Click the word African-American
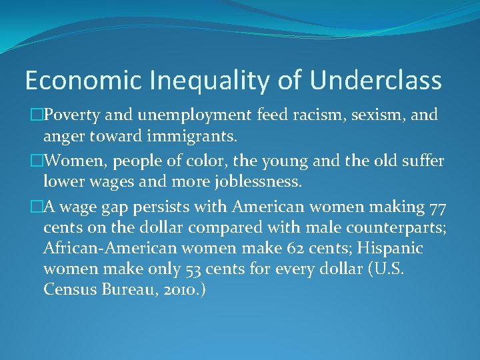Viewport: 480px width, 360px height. (105, 249)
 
